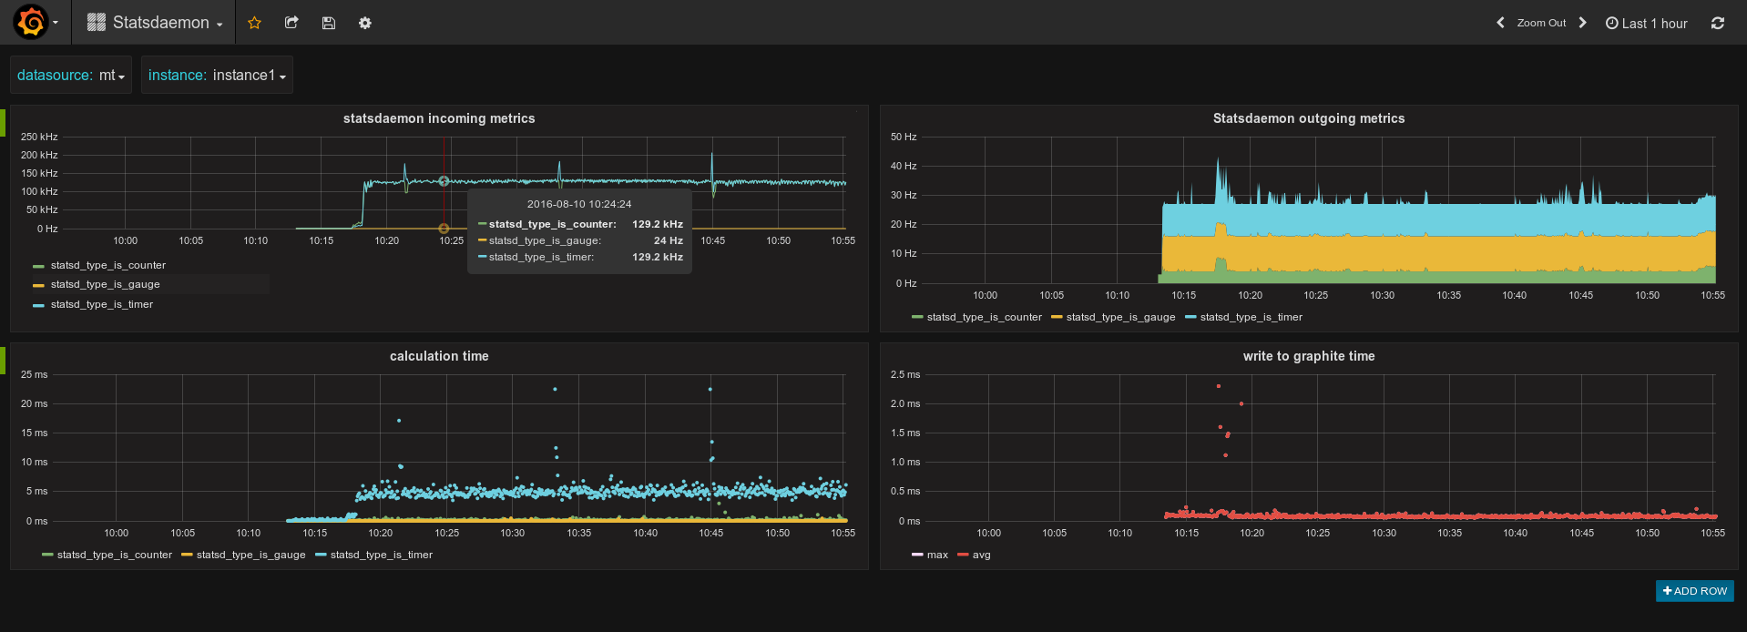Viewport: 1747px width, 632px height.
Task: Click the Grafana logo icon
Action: [30, 22]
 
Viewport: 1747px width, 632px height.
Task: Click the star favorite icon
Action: [254, 23]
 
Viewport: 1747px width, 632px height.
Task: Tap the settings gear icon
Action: [364, 23]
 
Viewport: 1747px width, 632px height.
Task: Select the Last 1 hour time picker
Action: [1646, 24]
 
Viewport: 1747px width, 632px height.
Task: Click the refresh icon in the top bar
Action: [1717, 23]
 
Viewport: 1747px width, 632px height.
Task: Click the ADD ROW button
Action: [1694, 591]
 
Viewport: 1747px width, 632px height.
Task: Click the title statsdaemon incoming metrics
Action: [439, 118]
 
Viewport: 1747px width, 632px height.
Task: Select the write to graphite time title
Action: [1309, 356]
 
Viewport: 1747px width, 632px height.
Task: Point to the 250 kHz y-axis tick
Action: [39, 137]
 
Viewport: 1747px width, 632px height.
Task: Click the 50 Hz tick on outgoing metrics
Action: [904, 137]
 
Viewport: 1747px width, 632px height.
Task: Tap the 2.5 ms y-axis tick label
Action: [905, 374]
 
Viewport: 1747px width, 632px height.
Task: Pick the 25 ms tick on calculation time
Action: [35, 374]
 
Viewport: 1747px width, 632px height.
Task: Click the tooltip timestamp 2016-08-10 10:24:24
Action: [579, 204]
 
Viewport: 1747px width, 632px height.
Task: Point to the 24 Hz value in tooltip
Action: [669, 240]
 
